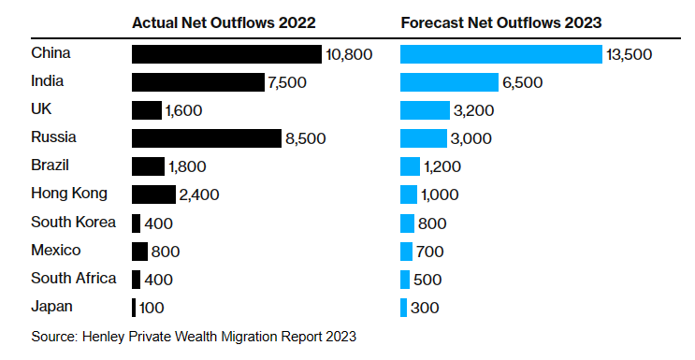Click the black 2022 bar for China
(x=226, y=54)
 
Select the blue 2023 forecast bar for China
(x=500, y=54)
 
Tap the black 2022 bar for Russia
(x=206, y=138)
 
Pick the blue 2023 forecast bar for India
(x=449, y=82)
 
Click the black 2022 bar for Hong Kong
(x=153, y=194)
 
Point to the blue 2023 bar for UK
(x=425, y=110)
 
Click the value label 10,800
(x=349, y=55)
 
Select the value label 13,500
(x=629, y=55)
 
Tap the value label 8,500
(x=306, y=139)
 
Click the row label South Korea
(x=73, y=223)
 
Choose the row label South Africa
(x=73, y=278)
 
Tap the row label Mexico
(x=55, y=250)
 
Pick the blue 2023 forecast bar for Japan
(x=403, y=307)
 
